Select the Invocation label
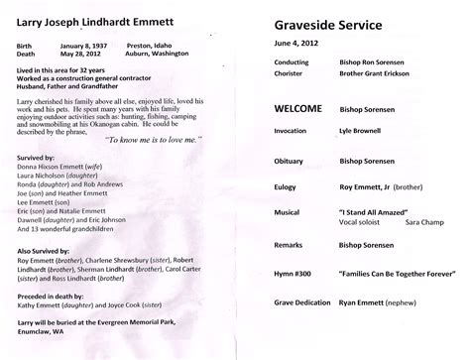point(291,157)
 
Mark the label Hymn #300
point(291,299)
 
